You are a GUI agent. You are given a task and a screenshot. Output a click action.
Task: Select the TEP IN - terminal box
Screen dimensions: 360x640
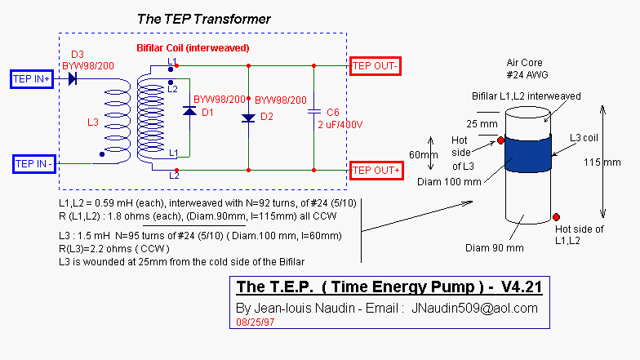(x=34, y=163)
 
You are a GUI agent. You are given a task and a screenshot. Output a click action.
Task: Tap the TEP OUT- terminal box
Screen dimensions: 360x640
(x=375, y=65)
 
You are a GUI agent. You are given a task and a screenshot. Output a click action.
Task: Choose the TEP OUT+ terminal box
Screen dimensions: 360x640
(x=375, y=170)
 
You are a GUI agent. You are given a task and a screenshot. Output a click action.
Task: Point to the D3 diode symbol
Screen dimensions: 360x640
(x=73, y=79)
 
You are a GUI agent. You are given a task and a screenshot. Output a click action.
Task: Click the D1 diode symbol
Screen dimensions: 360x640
(x=189, y=111)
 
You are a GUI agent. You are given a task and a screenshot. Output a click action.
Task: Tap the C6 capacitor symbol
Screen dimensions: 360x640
(x=313, y=111)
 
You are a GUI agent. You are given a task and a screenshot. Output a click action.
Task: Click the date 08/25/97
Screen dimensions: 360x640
(x=256, y=323)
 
